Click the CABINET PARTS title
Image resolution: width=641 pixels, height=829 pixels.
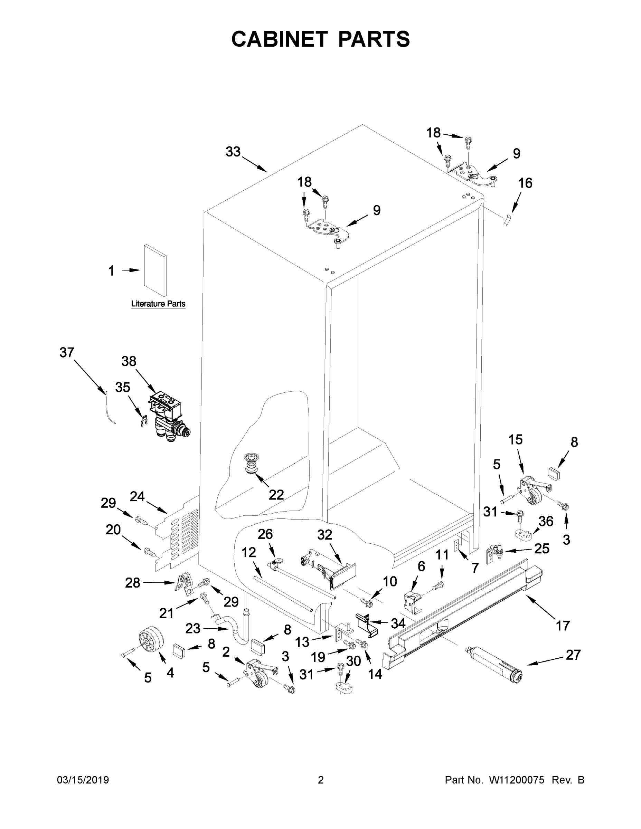tap(321, 39)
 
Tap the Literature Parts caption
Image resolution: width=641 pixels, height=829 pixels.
tap(158, 304)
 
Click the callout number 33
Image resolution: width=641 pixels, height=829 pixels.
tap(233, 152)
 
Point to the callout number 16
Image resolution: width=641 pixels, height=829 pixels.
tap(525, 183)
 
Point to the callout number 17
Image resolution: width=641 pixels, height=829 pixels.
tap(563, 625)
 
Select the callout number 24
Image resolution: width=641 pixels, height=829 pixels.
tap(137, 496)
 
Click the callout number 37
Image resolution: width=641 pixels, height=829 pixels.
tap(67, 353)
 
